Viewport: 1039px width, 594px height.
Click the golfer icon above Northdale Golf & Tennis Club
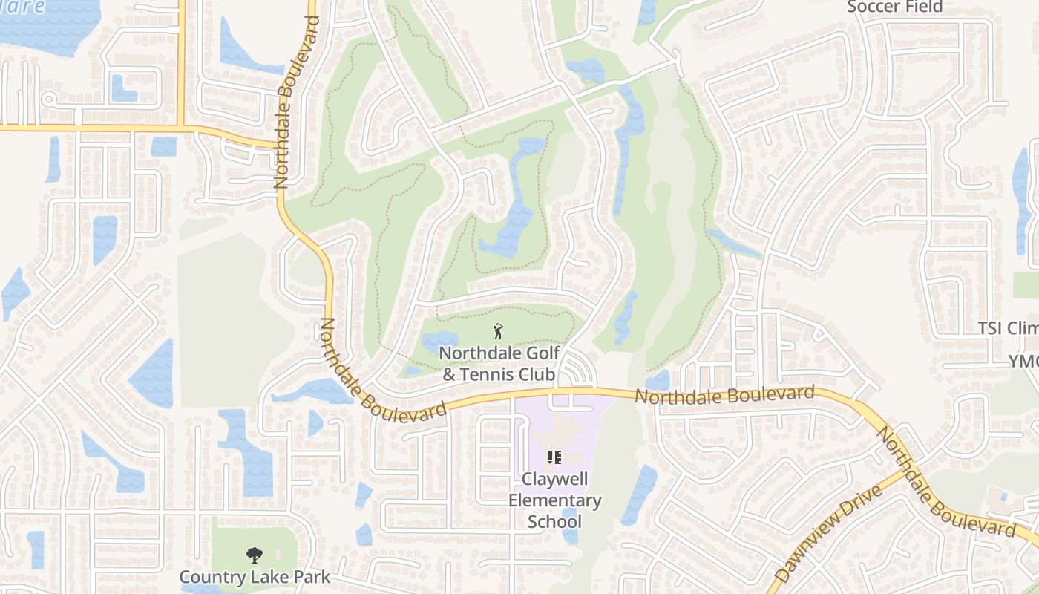[498, 330]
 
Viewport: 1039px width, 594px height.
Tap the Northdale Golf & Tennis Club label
[499, 363]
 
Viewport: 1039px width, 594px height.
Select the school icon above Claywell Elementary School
[554, 457]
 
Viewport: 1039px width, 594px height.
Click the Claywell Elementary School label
[554, 500]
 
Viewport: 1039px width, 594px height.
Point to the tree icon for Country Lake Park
[254, 555]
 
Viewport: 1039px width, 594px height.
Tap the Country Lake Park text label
[255, 577]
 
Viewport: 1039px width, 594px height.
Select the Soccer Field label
[894, 7]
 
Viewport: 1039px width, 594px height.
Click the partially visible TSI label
[1007, 328]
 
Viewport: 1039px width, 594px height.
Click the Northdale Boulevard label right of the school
[725, 395]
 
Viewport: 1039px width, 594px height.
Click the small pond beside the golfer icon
[439, 342]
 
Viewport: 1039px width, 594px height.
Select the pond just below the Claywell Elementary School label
[570, 526]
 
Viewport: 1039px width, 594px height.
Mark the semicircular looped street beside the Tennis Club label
[577, 370]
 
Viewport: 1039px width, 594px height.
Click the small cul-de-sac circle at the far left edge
[49, 98]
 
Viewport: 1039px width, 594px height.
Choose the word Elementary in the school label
[554, 500]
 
